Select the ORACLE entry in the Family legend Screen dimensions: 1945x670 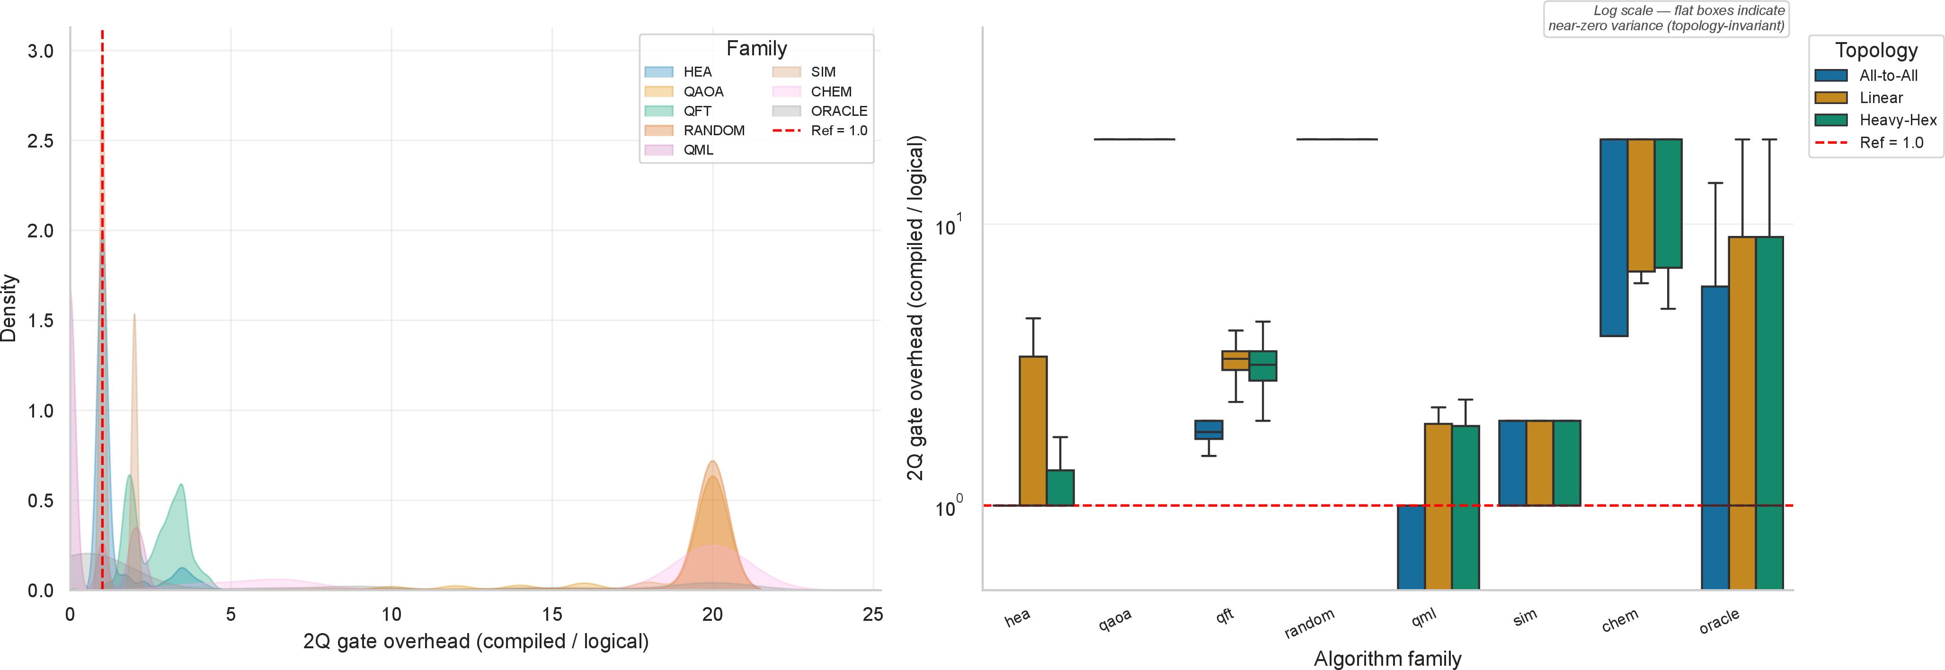point(819,111)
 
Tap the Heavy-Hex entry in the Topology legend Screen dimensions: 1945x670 point(1875,120)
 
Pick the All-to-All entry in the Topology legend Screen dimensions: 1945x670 point(1866,76)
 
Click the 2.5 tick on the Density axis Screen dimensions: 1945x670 point(40,141)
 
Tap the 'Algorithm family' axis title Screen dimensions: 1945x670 point(1388,659)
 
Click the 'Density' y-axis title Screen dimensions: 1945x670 point(9,308)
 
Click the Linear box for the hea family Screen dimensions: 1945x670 point(1033,431)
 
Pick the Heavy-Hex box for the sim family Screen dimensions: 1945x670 point(1567,462)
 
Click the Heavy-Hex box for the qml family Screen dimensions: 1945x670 point(1465,507)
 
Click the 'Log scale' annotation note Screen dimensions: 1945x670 point(1666,18)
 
